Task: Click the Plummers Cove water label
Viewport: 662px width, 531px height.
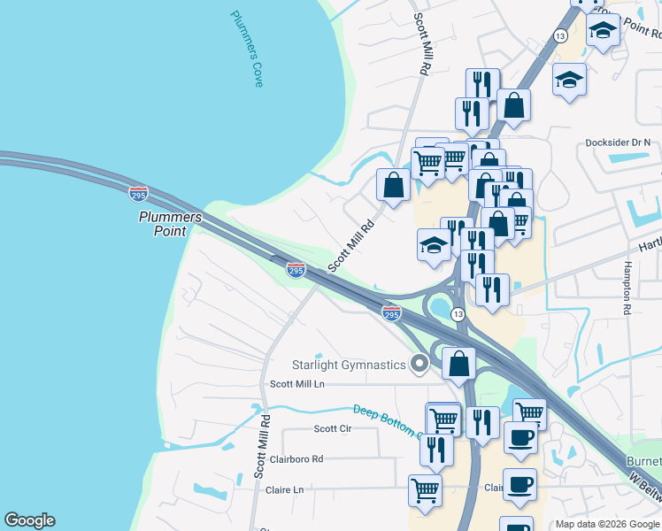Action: point(247,49)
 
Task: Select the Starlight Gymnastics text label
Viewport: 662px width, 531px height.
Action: point(349,365)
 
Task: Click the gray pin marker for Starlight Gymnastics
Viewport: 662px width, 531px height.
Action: point(420,364)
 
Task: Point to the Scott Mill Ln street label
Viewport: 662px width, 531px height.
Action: point(297,384)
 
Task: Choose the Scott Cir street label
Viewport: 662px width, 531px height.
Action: point(333,428)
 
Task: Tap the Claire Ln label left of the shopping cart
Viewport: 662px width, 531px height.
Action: point(285,489)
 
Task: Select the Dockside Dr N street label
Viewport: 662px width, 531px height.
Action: point(618,142)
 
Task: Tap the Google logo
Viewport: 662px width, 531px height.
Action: point(29,520)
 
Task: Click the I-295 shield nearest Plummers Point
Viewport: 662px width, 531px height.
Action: point(138,192)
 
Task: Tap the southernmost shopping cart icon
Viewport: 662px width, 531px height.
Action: point(426,489)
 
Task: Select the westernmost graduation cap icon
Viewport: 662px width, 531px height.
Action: point(435,243)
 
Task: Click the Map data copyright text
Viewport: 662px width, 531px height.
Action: point(606,524)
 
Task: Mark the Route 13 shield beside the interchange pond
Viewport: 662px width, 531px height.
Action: point(458,314)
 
